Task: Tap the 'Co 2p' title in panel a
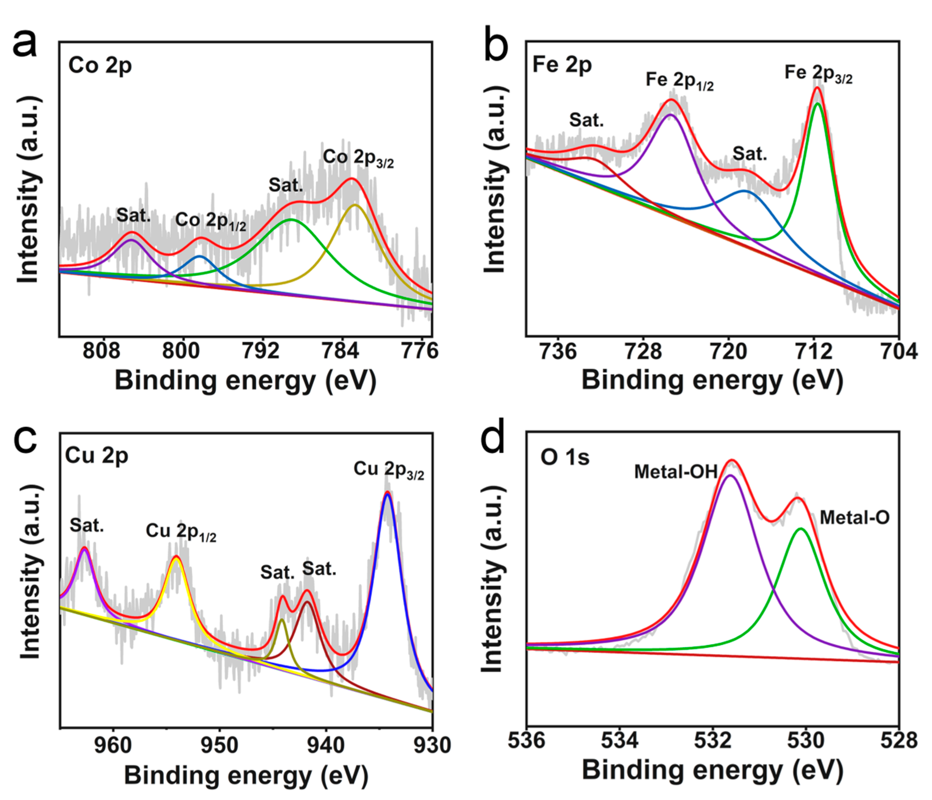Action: pyautogui.click(x=100, y=65)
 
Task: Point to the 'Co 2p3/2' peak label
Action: pyautogui.click(x=358, y=158)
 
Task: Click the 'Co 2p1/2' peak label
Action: pyautogui.click(x=211, y=221)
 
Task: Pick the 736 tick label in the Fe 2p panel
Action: pyautogui.click(x=558, y=351)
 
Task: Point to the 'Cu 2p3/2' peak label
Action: pyautogui.click(x=389, y=470)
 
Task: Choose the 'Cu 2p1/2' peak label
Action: pyautogui.click(x=181, y=532)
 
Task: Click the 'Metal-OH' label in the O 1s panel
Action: pyautogui.click(x=676, y=472)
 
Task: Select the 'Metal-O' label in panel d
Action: pyautogui.click(x=855, y=518)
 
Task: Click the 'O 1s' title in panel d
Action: pyautogui.click(x=565, y=457)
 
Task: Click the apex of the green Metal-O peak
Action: pyautogui.click(x=801, y=529)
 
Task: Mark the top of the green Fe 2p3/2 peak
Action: pyautogui.click(x=818, y=104)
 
